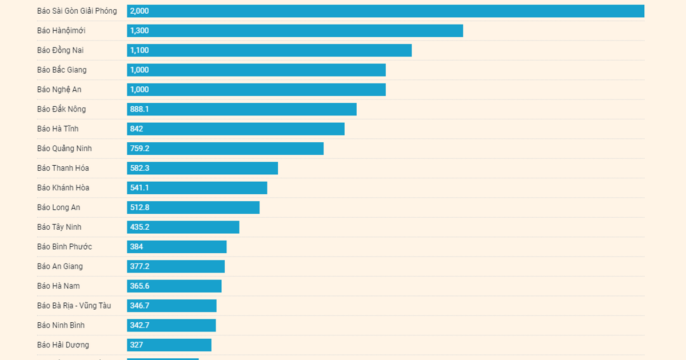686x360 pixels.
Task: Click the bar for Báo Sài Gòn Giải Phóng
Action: coord(385,11)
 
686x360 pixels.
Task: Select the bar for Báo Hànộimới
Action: coord(294,31)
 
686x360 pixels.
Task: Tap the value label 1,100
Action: coord(139,50)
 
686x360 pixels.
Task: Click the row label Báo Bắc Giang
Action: coord(62,70)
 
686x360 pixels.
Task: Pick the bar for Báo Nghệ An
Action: coord(256,90)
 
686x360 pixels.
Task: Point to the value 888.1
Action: coord(139,109)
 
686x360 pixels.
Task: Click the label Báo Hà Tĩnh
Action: coord(58,129)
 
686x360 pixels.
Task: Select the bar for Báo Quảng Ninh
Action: coord(225,149)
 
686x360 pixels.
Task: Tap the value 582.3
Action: coord(139,168)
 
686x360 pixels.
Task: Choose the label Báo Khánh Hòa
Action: coord(63,187)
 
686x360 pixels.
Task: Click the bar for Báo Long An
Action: coord(193,207)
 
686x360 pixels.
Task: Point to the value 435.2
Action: coord(139,227)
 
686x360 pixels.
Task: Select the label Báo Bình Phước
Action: coord(65,247)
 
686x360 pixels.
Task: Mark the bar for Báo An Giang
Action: coord(176,266)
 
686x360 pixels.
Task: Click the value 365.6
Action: coord(139,286)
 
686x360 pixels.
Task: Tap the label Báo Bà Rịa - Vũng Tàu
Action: coord(74,306)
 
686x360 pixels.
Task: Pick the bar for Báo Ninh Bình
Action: coord(171,325)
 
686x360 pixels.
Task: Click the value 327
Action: coord(137,345)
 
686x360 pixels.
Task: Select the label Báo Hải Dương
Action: coord(63,345)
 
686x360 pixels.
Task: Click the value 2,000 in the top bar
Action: coord(139,11)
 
